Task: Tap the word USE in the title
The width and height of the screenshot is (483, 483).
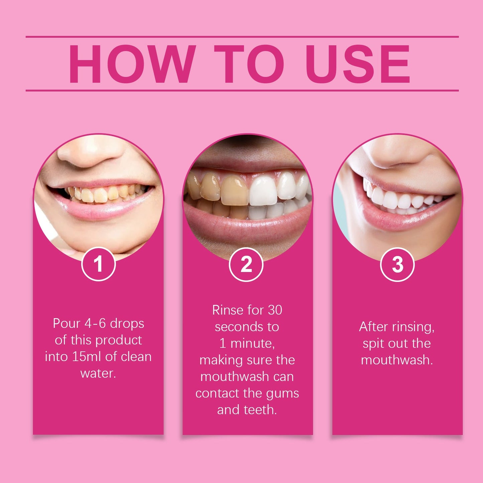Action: [357, 64]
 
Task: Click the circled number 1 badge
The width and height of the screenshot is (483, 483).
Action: [99, 264]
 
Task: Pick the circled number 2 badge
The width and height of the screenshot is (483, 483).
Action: [246, 264]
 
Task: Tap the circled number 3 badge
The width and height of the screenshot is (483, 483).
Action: [397, 264]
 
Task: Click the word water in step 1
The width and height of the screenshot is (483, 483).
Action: [98, 373]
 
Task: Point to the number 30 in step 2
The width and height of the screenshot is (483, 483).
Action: [275, 310]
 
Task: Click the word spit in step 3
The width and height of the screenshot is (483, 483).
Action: [373, 344]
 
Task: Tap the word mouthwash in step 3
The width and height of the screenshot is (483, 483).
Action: [397, 360]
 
